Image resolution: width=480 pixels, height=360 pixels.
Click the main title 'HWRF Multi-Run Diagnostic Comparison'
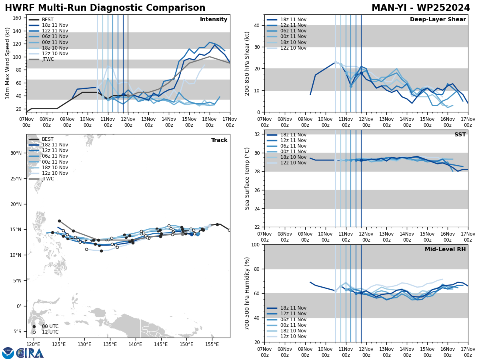(105, 8)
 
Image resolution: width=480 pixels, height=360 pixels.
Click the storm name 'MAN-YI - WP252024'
(420, 8)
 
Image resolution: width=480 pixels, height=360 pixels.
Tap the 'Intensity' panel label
(214, 20)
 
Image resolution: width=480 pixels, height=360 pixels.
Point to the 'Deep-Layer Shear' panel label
(438, 20)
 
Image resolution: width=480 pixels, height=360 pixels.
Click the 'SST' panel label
(460, 135)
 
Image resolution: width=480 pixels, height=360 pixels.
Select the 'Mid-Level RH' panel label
(445, 250)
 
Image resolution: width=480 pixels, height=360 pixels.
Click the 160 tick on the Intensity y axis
(18, 18)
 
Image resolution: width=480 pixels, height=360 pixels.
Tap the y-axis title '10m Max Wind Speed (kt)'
(8, 63)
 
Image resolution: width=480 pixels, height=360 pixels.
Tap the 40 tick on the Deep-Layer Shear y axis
(256, 26)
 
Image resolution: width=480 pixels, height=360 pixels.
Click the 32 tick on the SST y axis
(256, 134)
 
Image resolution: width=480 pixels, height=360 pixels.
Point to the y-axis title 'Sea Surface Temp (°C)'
(248, 178)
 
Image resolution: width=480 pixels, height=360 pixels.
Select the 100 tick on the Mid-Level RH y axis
(255, 245)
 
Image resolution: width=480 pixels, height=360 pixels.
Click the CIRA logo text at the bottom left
(30, 353)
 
